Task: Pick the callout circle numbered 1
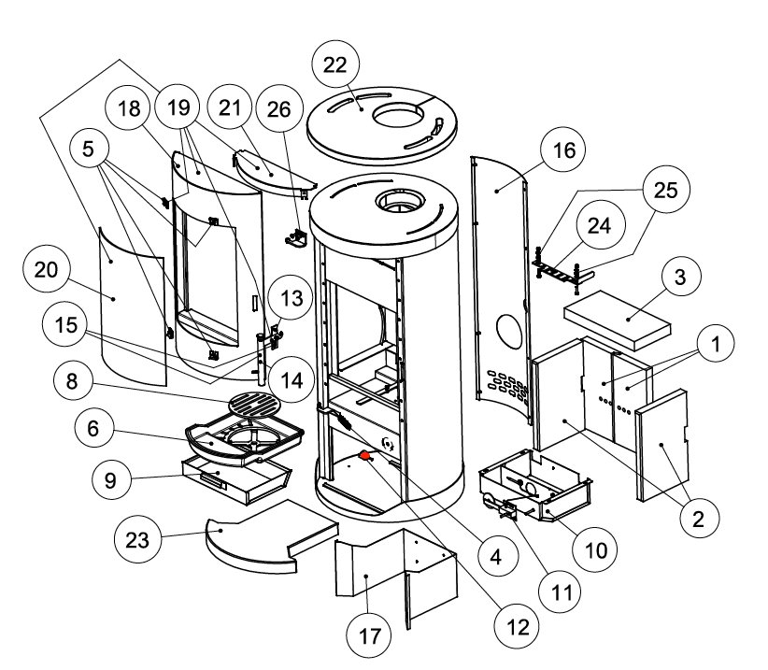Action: click(715, 345)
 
